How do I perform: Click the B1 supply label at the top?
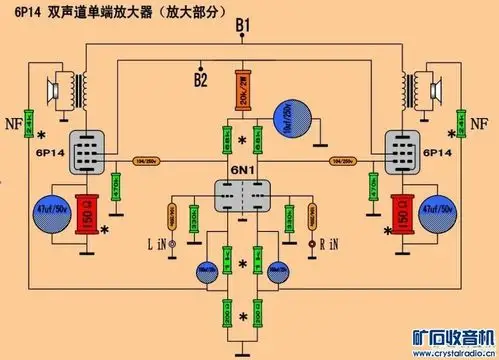coord(244,25)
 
